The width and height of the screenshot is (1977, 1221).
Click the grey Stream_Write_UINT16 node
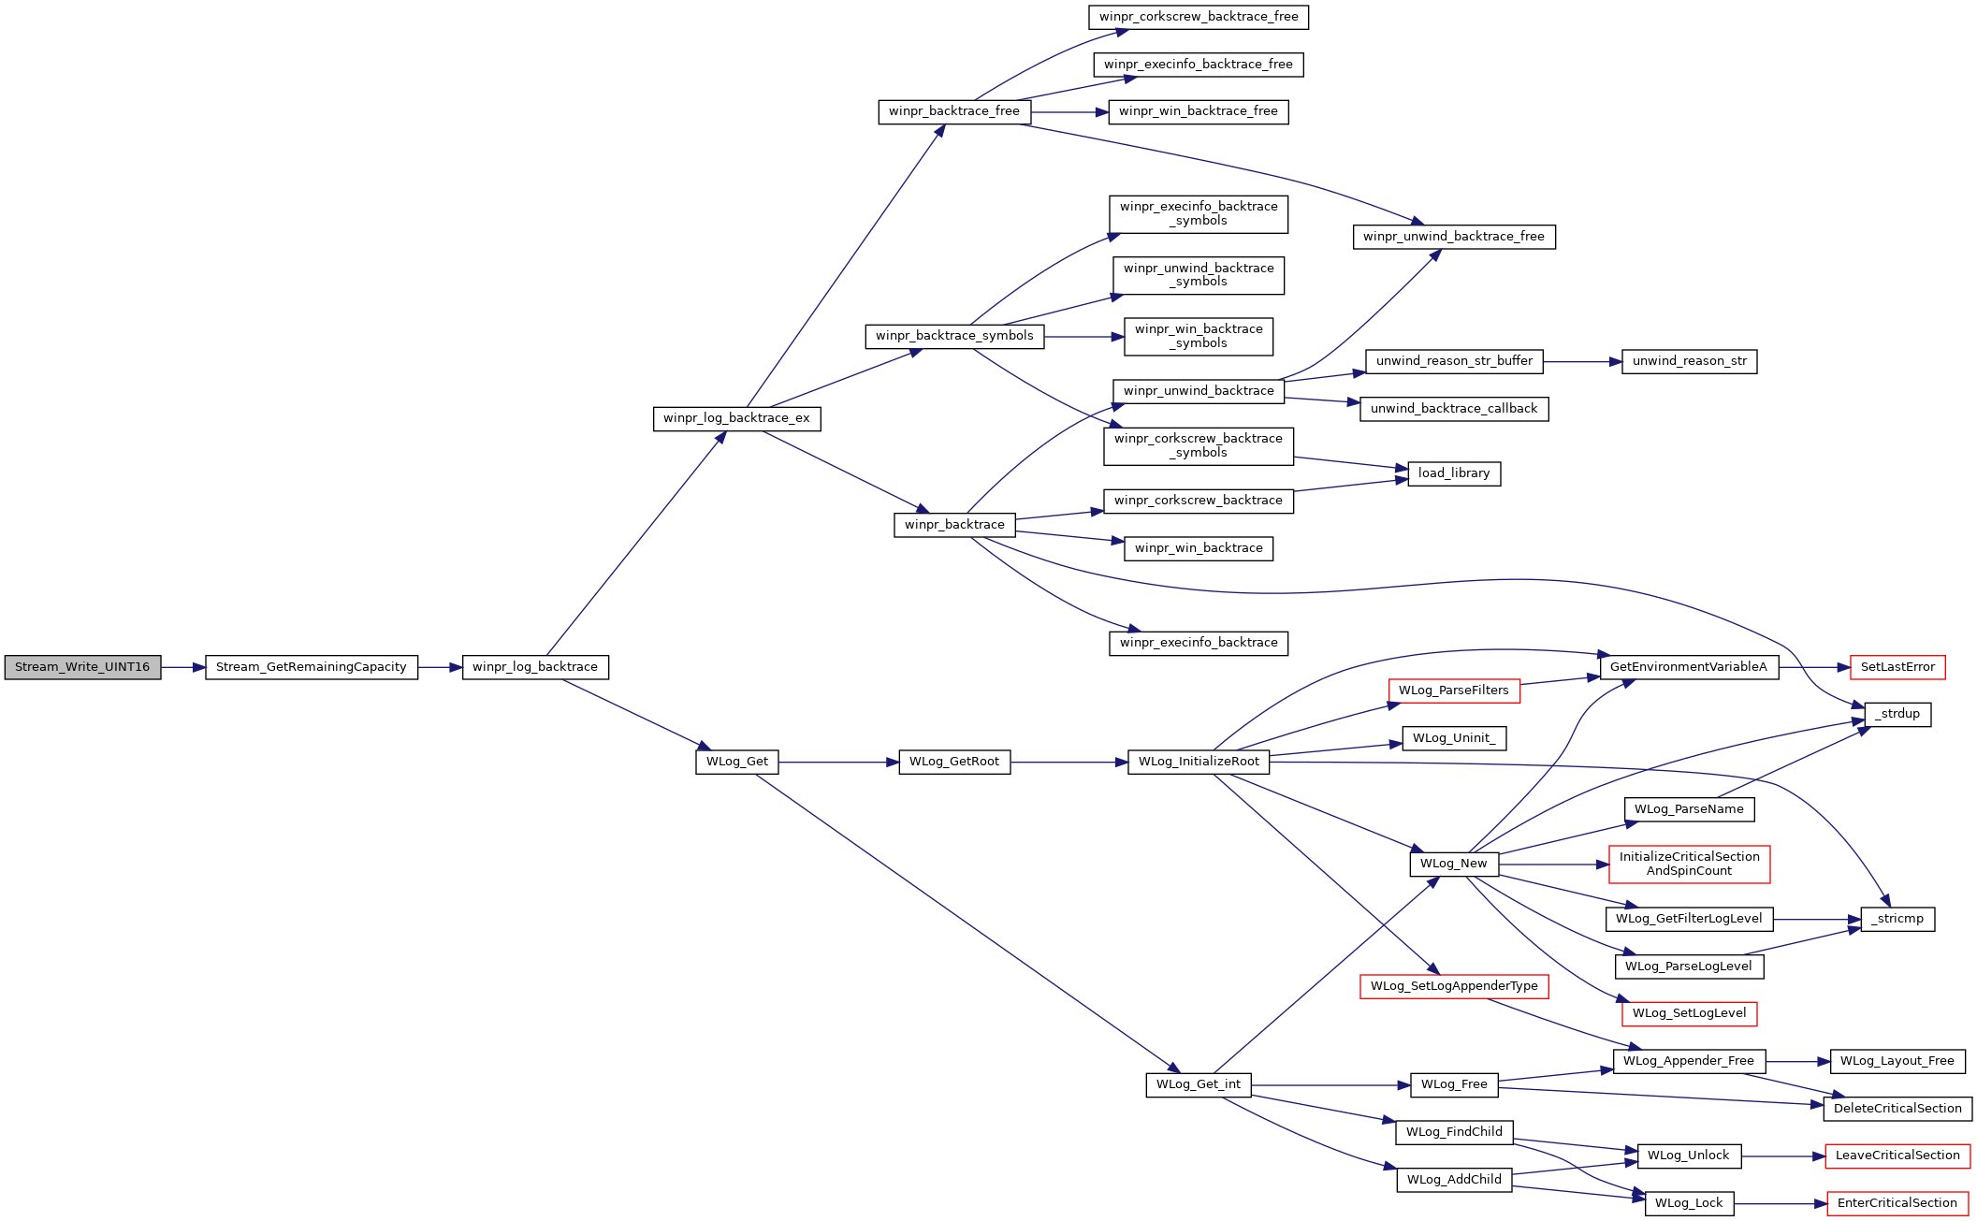pyautogui.click(x=82, y=667)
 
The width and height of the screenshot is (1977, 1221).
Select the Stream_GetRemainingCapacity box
pyautogui.click(x=312, y=667)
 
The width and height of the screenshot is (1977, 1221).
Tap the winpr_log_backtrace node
pyautogui.click(x=535, y=667)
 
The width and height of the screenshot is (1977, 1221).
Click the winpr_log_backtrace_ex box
pyautogui.click(x=736, y=418)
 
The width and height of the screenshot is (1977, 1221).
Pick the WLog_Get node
pyautogui.click(x=737, y=762)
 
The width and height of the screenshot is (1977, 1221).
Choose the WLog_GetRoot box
pyautogui.click(x=954, y=762)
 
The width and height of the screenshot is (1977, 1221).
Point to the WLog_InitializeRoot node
pyautogui.click(x=1199, y=762)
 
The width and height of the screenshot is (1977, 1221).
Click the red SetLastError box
pyautogui.click(x=1897, y=667)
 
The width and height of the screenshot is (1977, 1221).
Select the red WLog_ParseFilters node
pyautogui.click(x=1454, y=690)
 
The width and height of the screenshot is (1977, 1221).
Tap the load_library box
pyautogui.click(x=1454, y=473)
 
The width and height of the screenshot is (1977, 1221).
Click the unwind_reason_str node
pyautogui.click(x=1690, y=361)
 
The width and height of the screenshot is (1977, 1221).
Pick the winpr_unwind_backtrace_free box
pyautogui.click(x=1454, y=237)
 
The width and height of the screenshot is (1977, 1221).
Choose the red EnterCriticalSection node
pyautogui.click(x=1897, y=1203)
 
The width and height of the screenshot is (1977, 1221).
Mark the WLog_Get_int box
pyautogui.click(x=1199, y=1084)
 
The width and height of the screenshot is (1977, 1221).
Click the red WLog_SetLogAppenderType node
pyautogui.click(x=1454, y=986)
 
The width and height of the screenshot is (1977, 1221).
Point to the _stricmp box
pyautogui.click(x=1897, y=919)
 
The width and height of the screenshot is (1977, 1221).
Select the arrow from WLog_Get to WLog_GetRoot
pyautogui.click(x=838, y=763)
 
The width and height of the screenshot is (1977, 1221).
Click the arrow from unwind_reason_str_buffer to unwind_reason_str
pyautogui.click(x=1582, y=361)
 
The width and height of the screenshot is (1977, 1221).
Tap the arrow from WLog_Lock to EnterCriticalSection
pyautogui.click(x=1781, y=1204)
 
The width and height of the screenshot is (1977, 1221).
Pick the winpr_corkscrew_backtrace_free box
pyautogui.click(x=1199, y=17)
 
